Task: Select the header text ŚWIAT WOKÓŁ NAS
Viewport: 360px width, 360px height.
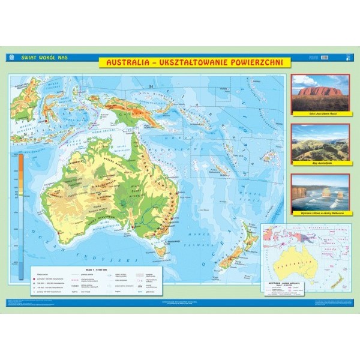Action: (x=38, y=58)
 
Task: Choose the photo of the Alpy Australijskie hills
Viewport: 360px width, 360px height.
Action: (x=320, y=142)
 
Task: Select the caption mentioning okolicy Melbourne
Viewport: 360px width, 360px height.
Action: (x=319, y=213)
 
